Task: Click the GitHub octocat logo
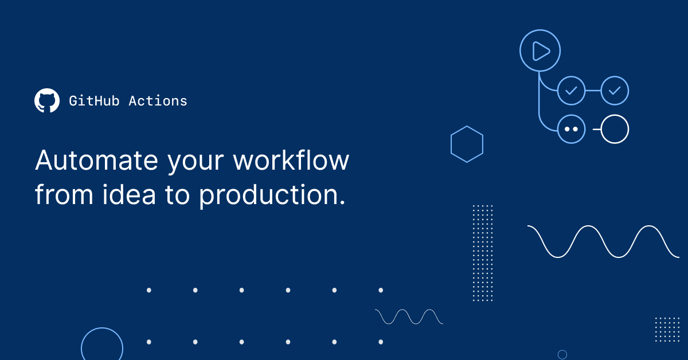pyautogui.click(x=47, y=101)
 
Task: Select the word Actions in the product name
pyautogui.click(x=158, y=101)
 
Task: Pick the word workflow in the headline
pyautogui.click(x=291, y=161)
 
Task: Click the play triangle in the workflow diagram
pyautogui.click(x=540, y=51)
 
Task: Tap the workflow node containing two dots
pyautogui.click(x=571, y=130)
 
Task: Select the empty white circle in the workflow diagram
pyautogui.click(x=615, y=130)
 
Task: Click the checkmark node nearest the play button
pyautogui.click(x=571, y=91)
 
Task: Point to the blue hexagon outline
pyautogui.click(x=467, y=144)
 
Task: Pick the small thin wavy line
pyautogui.click(x=409, y=316)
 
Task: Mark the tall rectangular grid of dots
pyautogui.click(x=483, y=253)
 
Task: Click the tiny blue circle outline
pyautogui.click(x=562, y=354)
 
